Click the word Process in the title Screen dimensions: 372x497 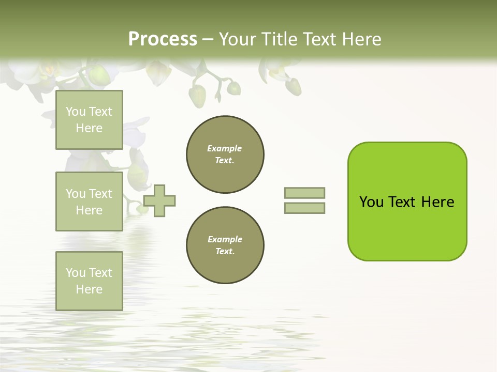click(x=163, y=39)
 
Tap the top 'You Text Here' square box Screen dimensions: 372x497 click(x=89, y=120)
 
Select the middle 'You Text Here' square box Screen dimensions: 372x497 click(x=89, y=202)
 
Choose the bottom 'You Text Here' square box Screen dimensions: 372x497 click(x=89, y=281)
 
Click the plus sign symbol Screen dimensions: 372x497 click(x=159, y=200)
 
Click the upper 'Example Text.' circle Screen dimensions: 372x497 click(x=225, y=154)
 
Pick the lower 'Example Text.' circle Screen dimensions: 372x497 click(x=225, y=245)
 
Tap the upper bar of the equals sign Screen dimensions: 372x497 click(x=304, y=193)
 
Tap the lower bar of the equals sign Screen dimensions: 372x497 click(x=304, y=208)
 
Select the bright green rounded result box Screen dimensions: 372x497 click(x=407, y=202)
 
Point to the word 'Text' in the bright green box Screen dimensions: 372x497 click(x=403, y=202)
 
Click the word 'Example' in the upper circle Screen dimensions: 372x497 click(x=225, y=148)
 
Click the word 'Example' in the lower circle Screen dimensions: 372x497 click(x=225, y=239)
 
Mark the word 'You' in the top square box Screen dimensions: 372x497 click(x=76, y=112)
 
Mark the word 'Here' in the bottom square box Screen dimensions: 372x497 click(x=89, y=289)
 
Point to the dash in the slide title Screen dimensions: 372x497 click(x=208, y=40)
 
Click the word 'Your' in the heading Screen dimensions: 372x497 click(x=238, y=39)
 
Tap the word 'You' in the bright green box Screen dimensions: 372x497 click(x=372, y=202)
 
